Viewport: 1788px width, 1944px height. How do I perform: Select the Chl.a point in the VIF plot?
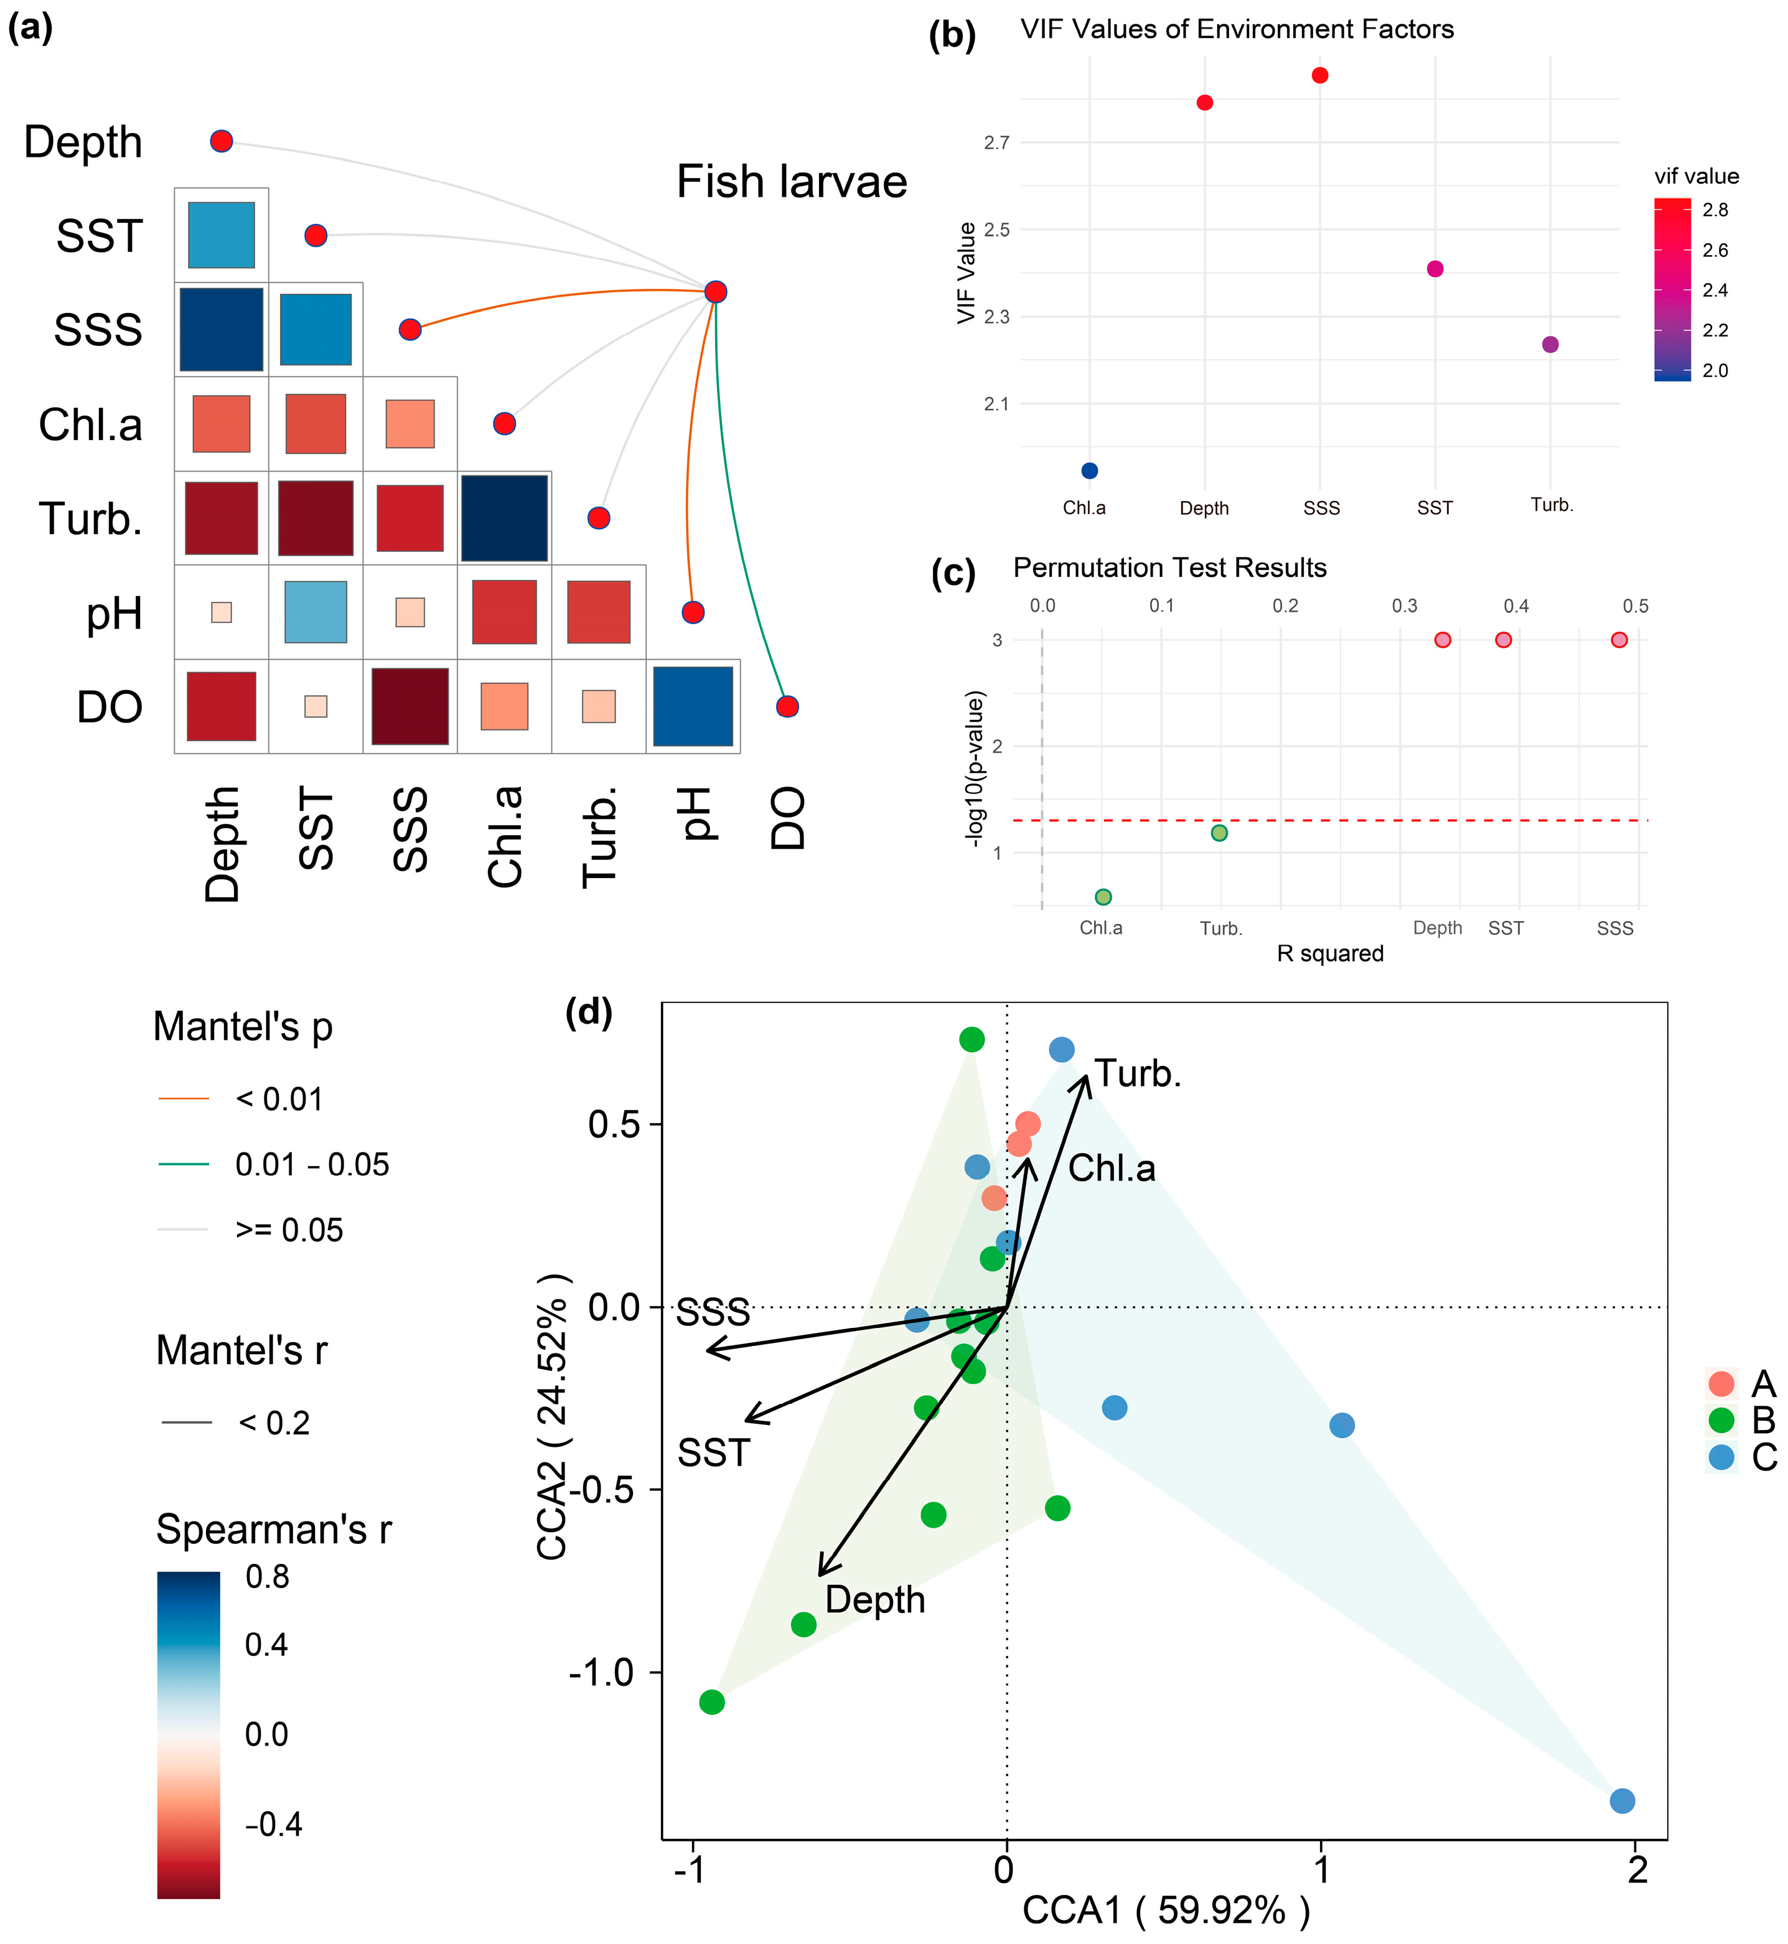pyautogui.click(x=1090, y=471)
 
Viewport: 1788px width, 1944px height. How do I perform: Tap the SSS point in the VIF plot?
pyautogui.click(x=1320, y=75)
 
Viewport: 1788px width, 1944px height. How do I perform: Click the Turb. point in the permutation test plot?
pyautogui.click(x=1219, y=833)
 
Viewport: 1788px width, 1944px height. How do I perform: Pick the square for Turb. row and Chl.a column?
pyautogui.click(x=504, y=518)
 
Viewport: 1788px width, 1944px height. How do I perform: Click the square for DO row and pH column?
pyautogui.click(x=693, y=706)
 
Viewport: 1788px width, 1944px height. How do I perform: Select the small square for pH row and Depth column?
pyautogui.click(x=222, y=612)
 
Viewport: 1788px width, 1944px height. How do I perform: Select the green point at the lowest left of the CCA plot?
pyautogui.click(x=712, y=1702)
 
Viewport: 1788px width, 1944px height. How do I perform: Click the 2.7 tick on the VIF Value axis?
pyautogui.click(x=996, y=143)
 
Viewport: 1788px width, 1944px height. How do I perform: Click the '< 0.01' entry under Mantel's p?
pyautogui.click(x=279, y=1099)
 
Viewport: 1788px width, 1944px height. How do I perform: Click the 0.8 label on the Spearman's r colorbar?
pyautogui.click(x=267, y=1576)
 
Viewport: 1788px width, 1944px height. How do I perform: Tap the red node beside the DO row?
pyautogui.click(x=787, y=706)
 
